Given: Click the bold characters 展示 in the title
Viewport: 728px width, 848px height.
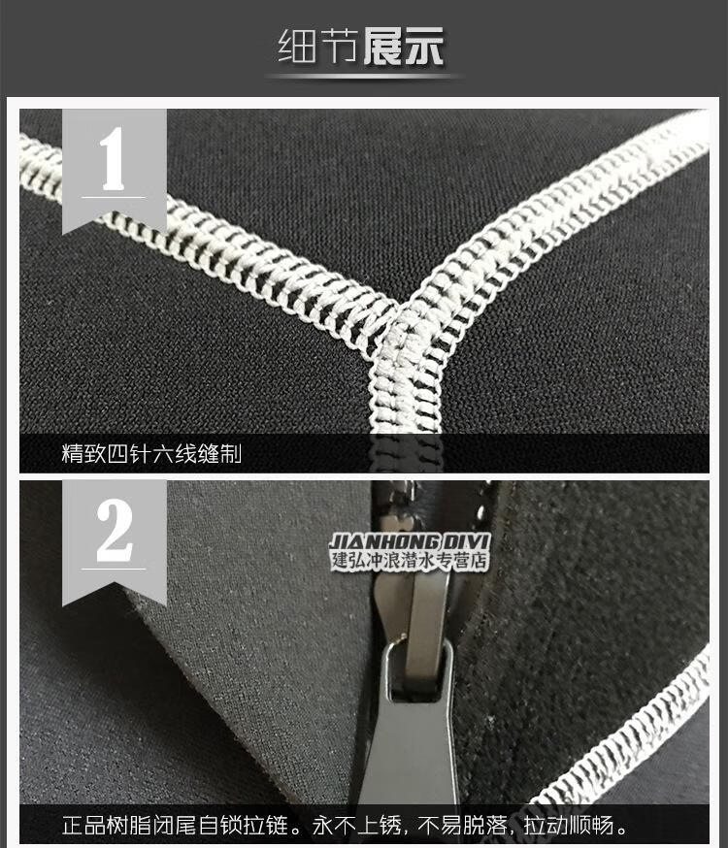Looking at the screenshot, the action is pos(404,47).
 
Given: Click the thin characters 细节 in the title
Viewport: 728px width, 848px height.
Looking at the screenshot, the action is pos(317,47).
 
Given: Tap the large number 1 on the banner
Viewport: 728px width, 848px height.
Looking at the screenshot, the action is pos(113,159).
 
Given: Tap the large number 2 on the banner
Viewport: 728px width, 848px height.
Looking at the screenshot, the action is pos(115,531).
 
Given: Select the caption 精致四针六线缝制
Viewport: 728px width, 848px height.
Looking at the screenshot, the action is pos(151,454).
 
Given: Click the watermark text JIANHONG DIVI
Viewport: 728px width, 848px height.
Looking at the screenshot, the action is pos(410,541).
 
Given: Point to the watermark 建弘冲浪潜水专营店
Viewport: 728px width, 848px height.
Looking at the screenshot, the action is pos(410,560).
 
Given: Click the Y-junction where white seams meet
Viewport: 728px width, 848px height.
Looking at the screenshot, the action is pos(399,313).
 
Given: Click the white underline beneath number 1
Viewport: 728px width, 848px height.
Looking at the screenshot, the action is pos(113,197).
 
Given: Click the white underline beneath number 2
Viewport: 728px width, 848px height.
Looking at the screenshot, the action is pos(113,569).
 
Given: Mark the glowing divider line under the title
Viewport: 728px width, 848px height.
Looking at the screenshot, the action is pos(364,77).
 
